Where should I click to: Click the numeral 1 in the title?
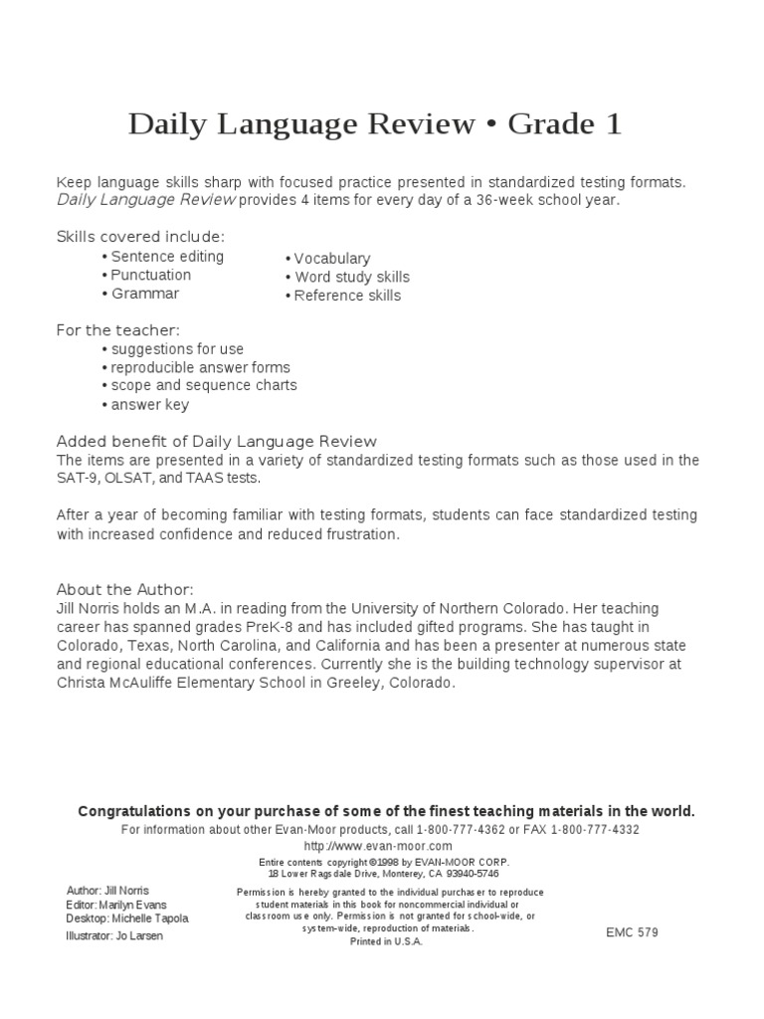point(613,124)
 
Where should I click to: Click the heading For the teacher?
point(118,330)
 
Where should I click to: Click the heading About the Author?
point(124,589)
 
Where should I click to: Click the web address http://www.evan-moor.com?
point(382,846)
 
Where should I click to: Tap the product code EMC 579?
point(632,932)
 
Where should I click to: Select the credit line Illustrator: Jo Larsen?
point(114,936)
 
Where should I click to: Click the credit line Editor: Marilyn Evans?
point(116,905)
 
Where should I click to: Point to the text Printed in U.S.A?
point(386,941)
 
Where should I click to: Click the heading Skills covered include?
point(140,237)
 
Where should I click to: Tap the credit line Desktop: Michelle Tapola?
point(126,918)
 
